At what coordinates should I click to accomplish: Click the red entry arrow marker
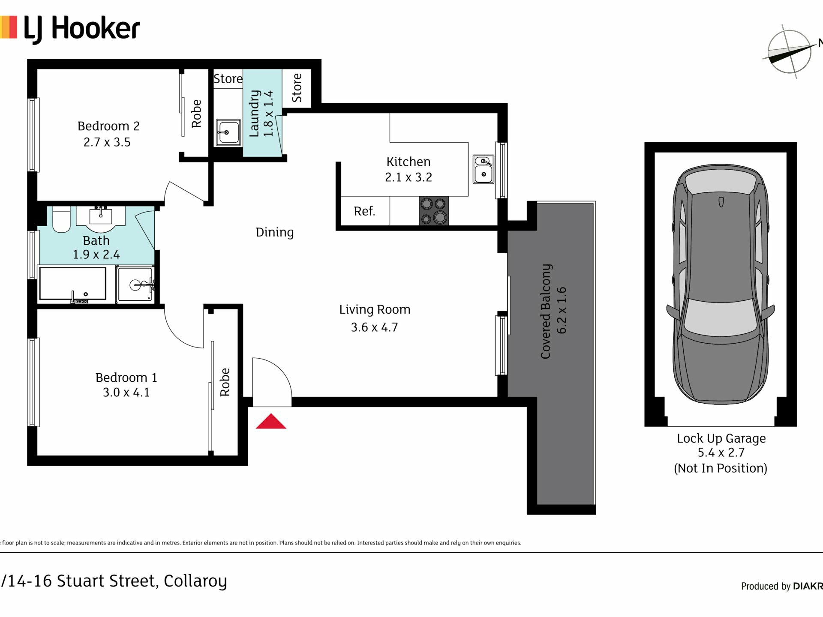[x=271, y=421]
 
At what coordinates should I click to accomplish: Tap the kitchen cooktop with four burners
[x=434, y=211]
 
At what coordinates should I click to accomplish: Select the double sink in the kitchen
[x=484, y=169]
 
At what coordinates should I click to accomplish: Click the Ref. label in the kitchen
[x=364, y=211]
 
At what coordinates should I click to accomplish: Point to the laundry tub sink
[x=228, y=132]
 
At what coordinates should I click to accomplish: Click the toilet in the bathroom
[x=61, y=219]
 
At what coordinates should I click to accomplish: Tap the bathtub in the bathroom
[x=72, y=284]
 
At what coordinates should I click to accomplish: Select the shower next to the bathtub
[x=135, y=284]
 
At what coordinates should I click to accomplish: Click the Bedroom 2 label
[x=108, y=126]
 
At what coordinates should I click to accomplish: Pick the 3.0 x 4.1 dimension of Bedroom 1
[x=126, y=392]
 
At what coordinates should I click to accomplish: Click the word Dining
[x=275, y=233]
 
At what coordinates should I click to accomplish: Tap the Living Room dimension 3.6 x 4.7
[x=374, y=327]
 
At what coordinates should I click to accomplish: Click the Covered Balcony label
[x=545, y=311]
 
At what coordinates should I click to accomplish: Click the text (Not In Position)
[x=721, y=468]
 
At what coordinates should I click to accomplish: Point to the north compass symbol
[x=790, y=52]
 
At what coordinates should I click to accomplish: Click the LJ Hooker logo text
[x=82, y=29]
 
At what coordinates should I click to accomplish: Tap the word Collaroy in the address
[x=195, y=581]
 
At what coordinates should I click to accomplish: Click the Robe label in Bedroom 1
[x=225, y=382]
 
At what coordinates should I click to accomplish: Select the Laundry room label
[x=254, y=114]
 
